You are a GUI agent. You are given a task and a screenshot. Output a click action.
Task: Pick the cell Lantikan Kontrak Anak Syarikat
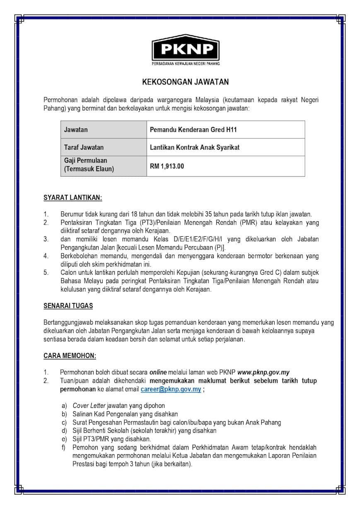tap(195, 147)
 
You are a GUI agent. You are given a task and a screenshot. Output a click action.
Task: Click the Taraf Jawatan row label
tap(84, 147)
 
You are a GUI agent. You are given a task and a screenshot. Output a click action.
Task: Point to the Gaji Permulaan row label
tap(85, 160)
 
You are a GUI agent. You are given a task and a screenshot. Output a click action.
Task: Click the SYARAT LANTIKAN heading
tap(72, 198)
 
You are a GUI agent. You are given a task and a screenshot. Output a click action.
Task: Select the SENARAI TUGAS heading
tap(68, 306)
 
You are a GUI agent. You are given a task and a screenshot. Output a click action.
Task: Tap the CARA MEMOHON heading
tap(70, 356)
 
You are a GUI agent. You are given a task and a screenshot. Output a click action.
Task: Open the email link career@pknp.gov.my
tap(171, 390)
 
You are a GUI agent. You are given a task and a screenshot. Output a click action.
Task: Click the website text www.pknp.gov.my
tap(263, 372)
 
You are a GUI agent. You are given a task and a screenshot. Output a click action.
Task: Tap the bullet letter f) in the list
tap(64, 448)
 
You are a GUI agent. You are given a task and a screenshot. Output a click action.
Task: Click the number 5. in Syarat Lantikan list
tap(46, 273)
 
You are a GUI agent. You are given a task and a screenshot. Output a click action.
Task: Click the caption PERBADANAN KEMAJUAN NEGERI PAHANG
tap(185, 63)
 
